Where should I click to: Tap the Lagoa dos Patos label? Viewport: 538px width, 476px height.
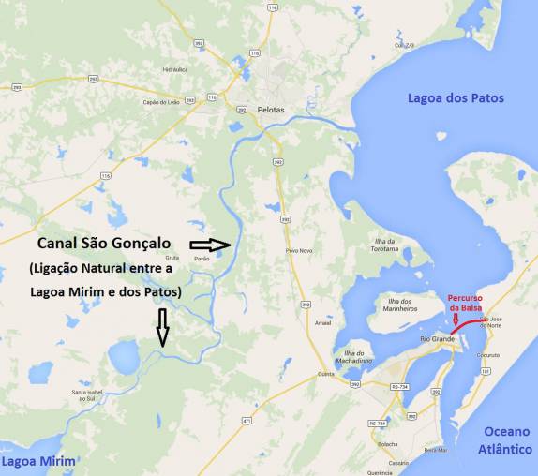point(456,97)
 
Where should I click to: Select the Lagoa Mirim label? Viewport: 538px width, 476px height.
point(37,462)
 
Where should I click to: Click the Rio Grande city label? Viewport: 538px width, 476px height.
point(438,337)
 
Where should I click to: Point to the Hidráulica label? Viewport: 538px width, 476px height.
point(175,69)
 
